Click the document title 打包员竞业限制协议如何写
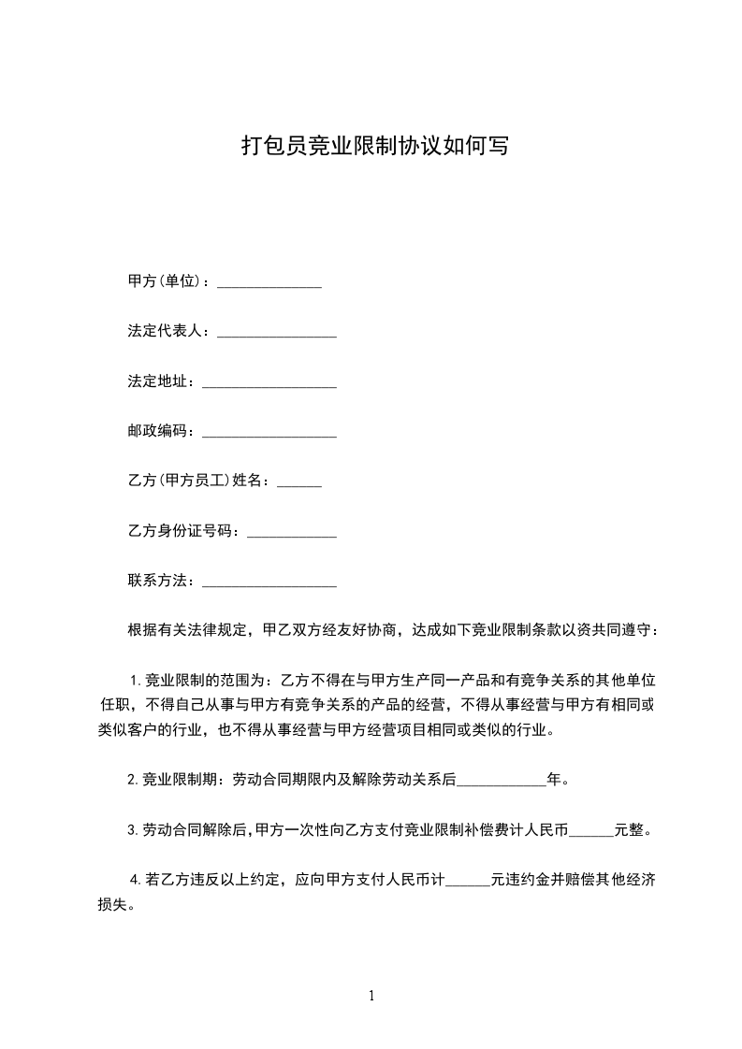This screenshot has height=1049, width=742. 374,146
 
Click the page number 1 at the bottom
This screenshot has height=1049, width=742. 371,996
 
